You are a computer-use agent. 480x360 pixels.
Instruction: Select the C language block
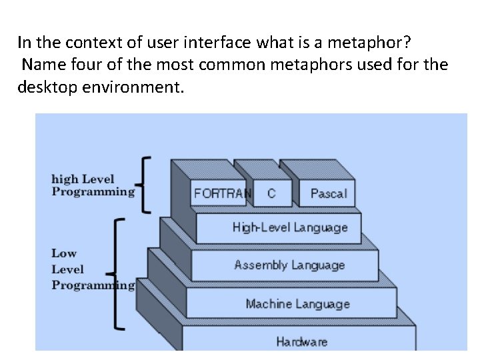[x=271, y=193]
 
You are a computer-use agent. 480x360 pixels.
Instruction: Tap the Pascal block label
[x=328, y=194]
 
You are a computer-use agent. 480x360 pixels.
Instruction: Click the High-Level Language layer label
[x=290, y=227]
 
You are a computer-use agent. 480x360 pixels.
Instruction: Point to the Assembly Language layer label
[x=289, y=265]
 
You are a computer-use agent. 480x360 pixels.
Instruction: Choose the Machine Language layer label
[x=297, y=304]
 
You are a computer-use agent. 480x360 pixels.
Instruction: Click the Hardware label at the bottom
[x=302, y=342]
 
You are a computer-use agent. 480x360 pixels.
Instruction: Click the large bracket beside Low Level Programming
[x=117, y=273]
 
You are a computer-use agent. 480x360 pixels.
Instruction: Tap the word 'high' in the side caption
[x=65, y=179]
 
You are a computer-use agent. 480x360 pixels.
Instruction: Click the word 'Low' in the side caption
[x=64, y=253]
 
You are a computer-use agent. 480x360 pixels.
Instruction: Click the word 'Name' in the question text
[x=40, y=65]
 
